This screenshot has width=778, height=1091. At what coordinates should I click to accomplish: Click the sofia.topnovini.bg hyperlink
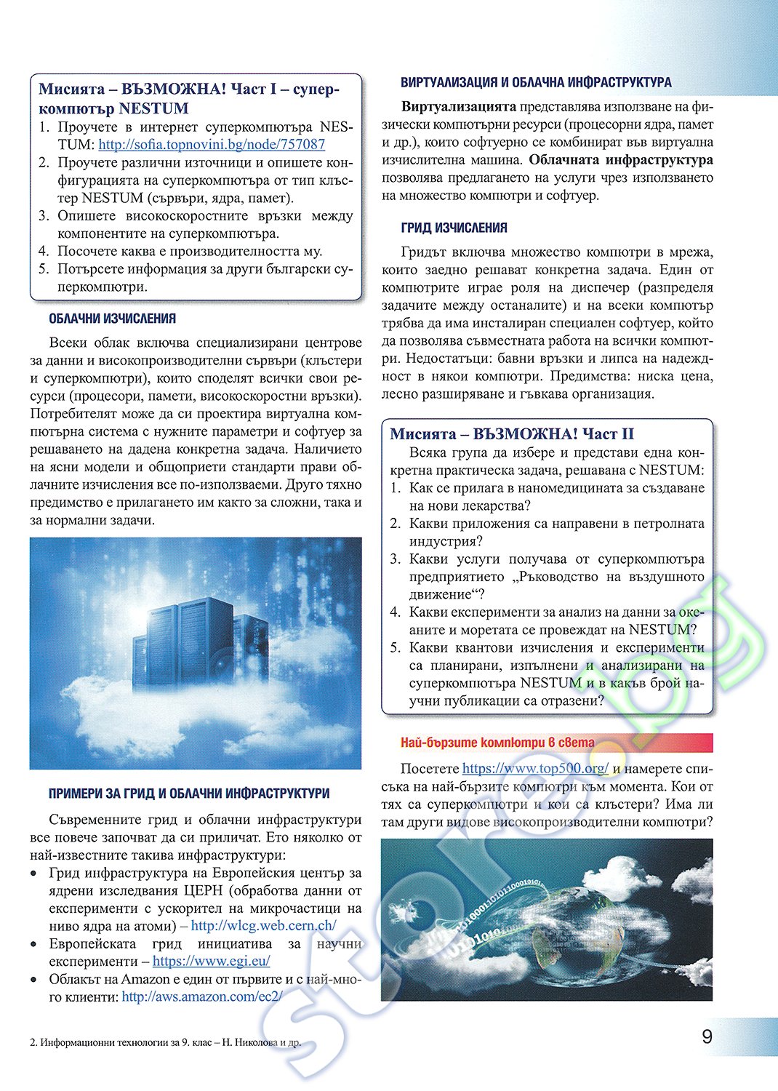pos(212,145)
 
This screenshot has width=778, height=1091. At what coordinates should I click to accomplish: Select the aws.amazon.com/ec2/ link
pos(201,996)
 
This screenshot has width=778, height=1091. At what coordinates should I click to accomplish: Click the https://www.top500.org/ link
pos(535,769)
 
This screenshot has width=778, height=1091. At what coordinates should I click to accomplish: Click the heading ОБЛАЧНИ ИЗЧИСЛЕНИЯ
pos(112,319)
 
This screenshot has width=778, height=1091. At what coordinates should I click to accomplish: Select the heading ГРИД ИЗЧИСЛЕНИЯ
pos(454,228)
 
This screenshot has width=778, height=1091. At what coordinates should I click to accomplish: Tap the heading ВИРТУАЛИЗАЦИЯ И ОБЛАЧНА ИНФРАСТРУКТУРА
pos(536,82)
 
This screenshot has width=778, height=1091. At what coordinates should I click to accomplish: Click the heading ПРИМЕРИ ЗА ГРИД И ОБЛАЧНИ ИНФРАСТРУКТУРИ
pos(189,794)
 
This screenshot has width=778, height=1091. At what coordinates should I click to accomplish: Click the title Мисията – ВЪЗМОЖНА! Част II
pos(512,434)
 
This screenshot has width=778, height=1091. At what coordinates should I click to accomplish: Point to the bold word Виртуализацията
pos(459,107)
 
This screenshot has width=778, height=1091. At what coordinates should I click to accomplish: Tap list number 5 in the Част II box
pos(395,647)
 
